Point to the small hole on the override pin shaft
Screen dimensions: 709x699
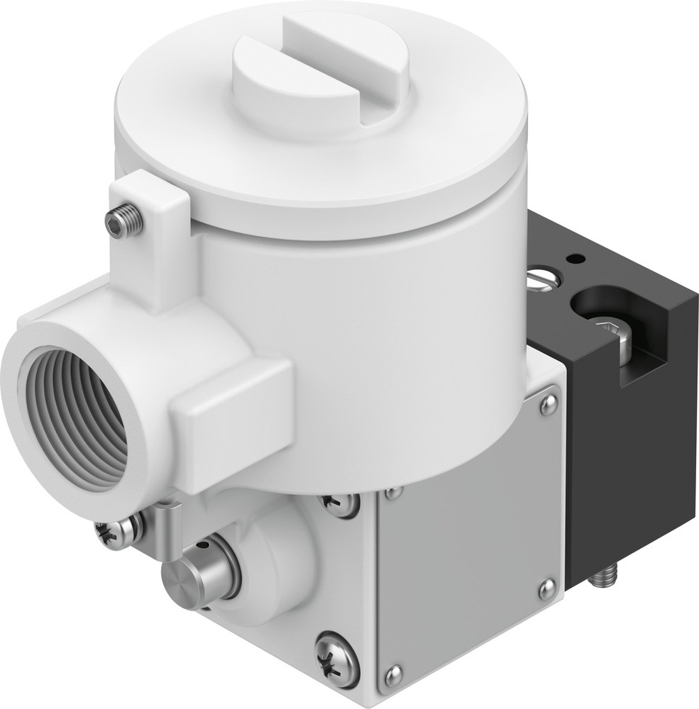click(x=204, y=546)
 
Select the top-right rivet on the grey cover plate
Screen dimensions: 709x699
click(x=548, y=405)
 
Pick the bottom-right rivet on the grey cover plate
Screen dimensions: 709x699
click(x=546, y=588)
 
